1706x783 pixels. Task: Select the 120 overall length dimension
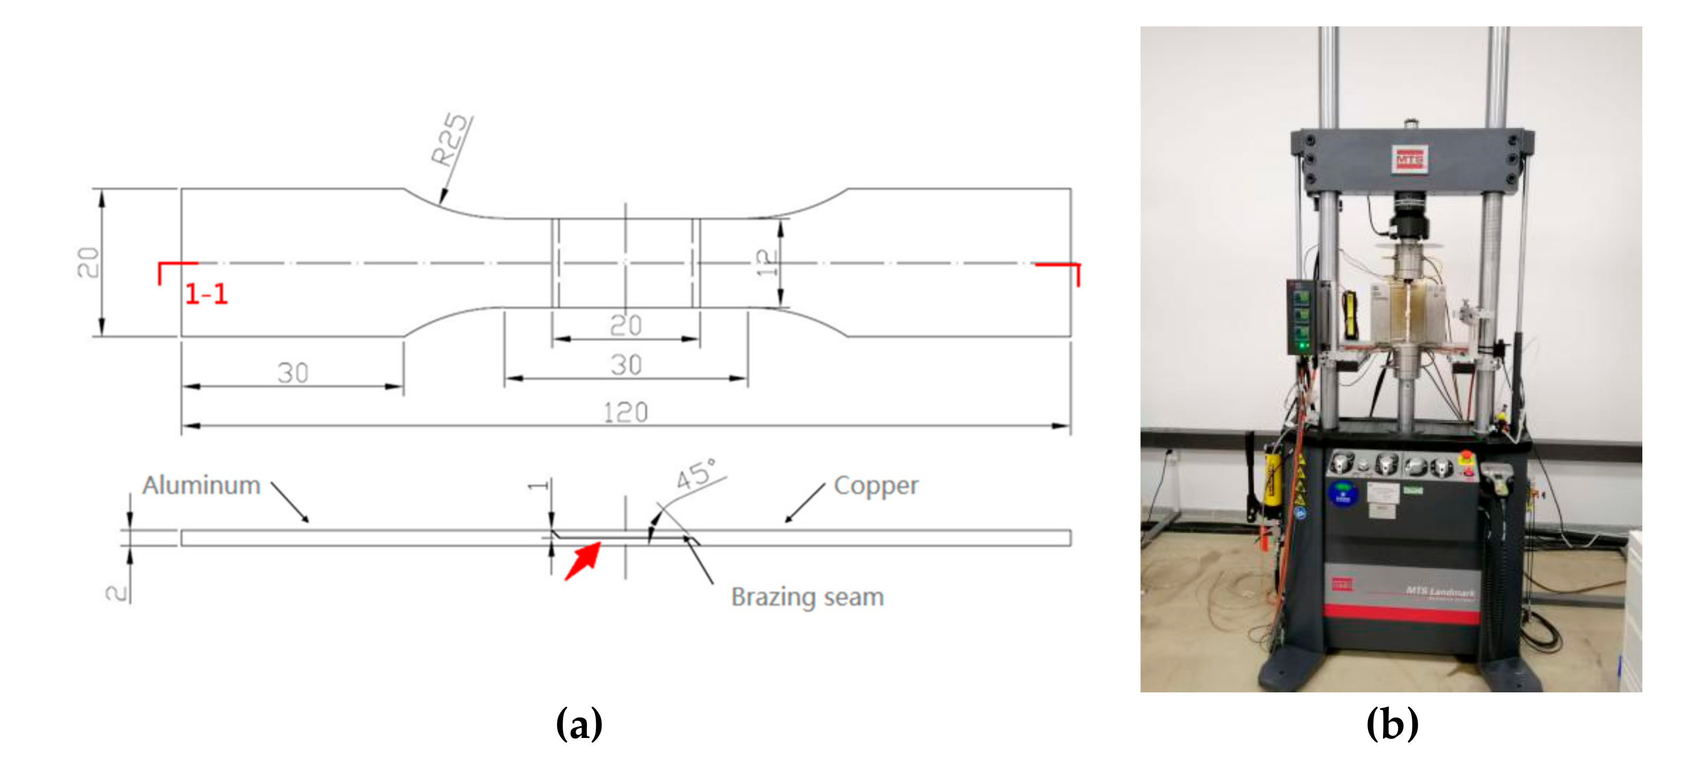pos(625,412)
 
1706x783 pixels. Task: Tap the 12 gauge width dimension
pos(766,263)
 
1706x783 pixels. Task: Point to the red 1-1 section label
pos(206,294)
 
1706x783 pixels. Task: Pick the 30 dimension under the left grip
pos(293,372)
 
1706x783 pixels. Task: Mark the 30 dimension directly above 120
pos(625,365)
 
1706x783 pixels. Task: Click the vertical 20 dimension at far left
pos(88,263)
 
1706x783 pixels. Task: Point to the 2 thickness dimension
pos(116,591)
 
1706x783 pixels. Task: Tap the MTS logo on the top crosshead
pos(1409,160)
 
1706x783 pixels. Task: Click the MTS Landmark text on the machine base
pos(1440,591)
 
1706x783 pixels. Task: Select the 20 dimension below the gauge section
pos(625,325)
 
